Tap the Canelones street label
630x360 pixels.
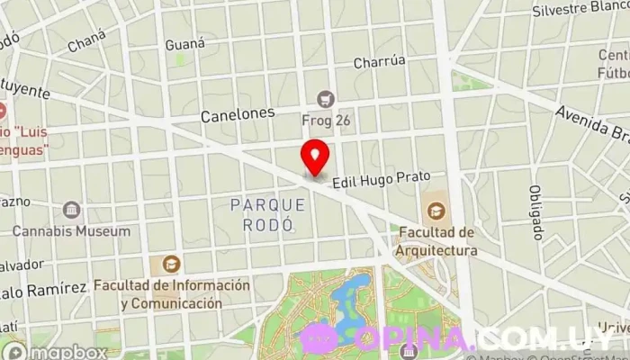(x=237, y=114)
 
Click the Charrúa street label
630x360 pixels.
(x=380, y=63)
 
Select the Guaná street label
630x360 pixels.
(x=185, y=43)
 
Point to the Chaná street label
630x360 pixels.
(x=85, y=40)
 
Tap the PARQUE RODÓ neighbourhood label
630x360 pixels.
(x=267, y=214)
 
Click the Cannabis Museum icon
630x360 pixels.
(x=71, y=211)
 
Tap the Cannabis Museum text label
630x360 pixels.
(x=71, y=231)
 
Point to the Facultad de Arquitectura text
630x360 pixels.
(x=437, y=242)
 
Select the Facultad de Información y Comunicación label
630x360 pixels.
(x=172, y=293)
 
